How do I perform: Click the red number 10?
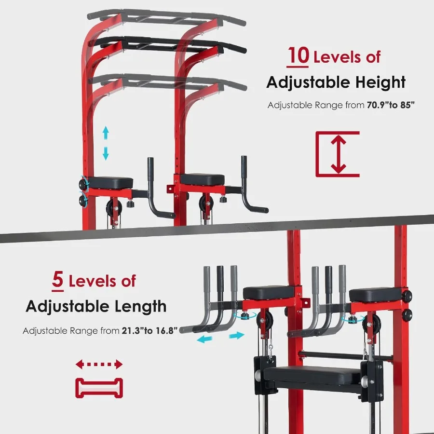298,56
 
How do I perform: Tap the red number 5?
57,281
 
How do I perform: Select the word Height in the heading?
378,82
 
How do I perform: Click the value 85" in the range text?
406,105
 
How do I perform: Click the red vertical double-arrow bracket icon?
337,153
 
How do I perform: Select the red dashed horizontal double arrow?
99,364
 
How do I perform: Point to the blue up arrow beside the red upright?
106,132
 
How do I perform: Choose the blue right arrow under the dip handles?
236,336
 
